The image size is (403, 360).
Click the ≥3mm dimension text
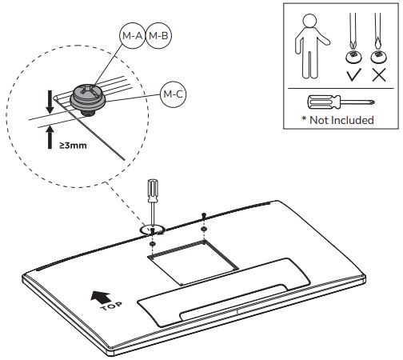tap(73, 146)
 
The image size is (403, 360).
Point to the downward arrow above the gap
tap(50, 102)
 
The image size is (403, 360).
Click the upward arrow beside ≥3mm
tap(50, 137)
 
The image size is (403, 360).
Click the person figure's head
tap(309, 20)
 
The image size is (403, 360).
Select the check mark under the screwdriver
tap(354, 74)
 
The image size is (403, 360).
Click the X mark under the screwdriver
tap(379, 74)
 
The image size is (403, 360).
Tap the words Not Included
tap(341, 120)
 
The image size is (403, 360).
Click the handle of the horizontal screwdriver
tap(324, 102)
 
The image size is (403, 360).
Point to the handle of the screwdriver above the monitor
tap(153, 190)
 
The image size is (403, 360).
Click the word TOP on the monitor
tap(112, 306)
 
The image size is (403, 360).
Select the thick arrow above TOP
tap(100, 297)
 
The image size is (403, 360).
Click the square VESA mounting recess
tap(193, 262)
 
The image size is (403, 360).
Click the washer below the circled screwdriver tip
tap(153, 244)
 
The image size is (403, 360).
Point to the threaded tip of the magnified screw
tap(88, 113)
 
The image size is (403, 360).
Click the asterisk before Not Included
tap(304, 118)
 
